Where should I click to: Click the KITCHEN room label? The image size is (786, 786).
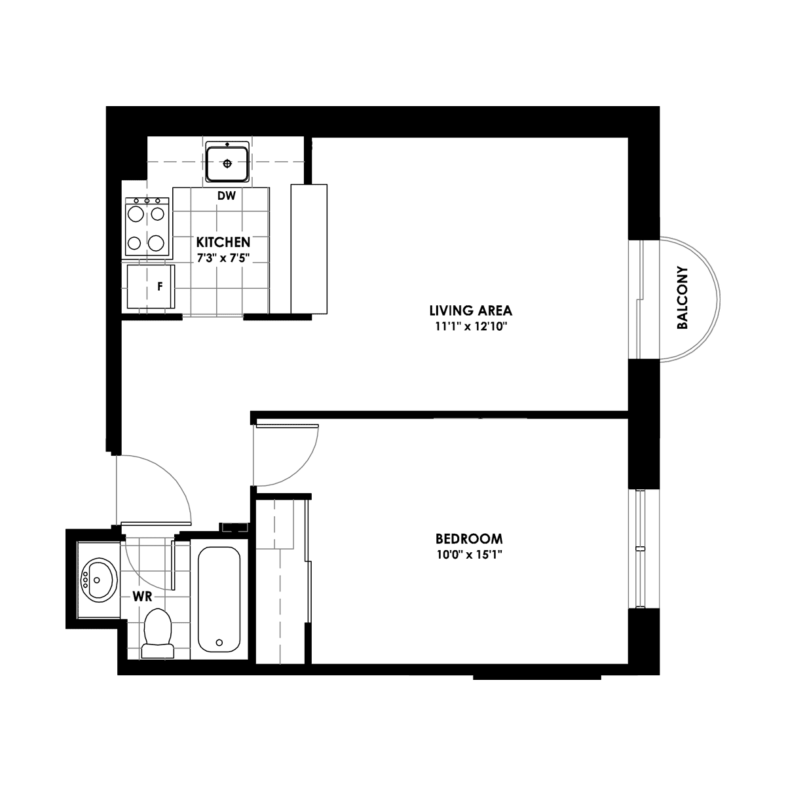coord(223,242)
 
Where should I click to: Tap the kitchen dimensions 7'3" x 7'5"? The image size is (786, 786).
coord(223,258)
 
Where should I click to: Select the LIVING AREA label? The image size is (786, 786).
coord(471,311)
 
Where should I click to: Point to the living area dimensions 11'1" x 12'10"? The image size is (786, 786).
coord(471,327)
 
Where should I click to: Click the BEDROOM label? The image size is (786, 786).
coord(469,539)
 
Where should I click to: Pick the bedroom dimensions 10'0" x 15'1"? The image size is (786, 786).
coord(469,555)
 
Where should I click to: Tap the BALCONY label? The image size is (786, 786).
coord(682,298)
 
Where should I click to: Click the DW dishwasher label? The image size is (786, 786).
coord(227,196)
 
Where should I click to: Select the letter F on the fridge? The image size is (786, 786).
coord(160,287)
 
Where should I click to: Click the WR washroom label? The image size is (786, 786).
coord(142,597)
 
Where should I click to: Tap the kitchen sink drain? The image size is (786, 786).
coord(227,164)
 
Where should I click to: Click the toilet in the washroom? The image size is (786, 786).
coord(157,633)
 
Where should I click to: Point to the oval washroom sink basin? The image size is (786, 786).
coord(99,580)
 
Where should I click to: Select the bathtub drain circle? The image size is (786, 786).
coord(219,643)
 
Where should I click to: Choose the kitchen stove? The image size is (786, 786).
coord(147,227)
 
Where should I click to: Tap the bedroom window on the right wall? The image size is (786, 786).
coord(643,550)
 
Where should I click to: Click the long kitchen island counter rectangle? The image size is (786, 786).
coord(309,249)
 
